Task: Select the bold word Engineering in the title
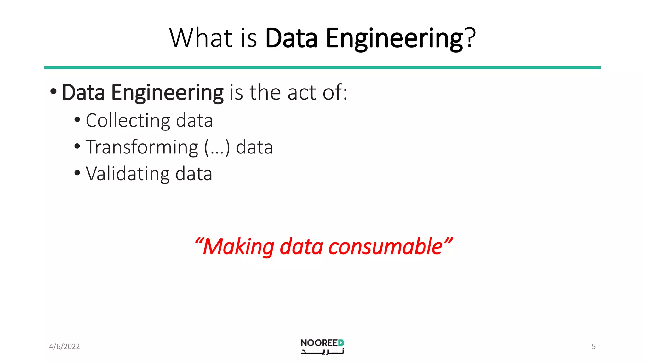[394, 38]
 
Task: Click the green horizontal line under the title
[322, 68]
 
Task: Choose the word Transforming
[142, 147]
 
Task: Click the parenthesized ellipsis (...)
[217, 147]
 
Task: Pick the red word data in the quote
[301, 247]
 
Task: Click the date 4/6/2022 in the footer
[65, 347]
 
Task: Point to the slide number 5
[593, 347]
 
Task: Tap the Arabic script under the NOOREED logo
[322, 351]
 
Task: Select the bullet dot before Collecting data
[77, 120]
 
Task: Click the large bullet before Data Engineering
[54, 92]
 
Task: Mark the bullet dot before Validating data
[77, 173]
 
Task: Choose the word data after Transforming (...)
[254, 147]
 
